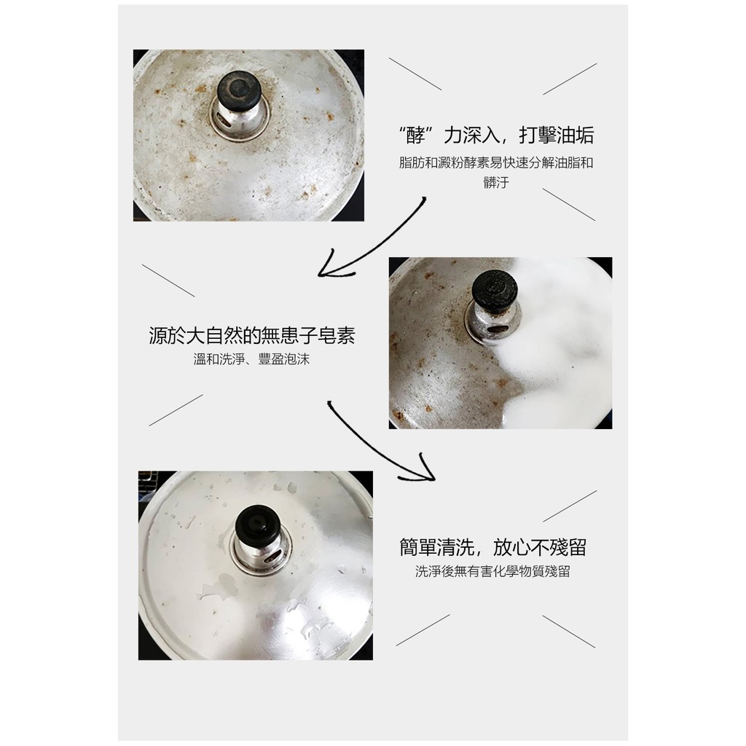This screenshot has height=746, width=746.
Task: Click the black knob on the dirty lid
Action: pos(239,91)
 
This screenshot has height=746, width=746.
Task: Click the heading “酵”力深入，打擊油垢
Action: pos(495,135)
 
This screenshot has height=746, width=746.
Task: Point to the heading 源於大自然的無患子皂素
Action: pos(252,335)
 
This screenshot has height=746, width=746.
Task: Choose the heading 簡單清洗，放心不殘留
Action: pos(493,547)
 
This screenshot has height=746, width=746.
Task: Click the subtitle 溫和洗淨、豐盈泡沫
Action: pos(251,358)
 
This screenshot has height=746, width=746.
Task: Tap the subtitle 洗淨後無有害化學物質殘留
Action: pos(492,571)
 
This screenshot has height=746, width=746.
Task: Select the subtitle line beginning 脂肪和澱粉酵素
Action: pos(495,162)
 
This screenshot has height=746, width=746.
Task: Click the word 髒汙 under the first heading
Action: pos(495,182)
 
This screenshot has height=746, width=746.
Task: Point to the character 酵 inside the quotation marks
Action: pos(415,136)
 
